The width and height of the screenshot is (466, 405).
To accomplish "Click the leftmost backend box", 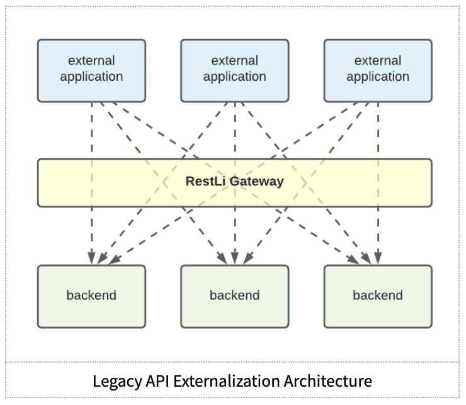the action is click(91, 296).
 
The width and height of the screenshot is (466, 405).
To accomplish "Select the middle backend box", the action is click(235, 296).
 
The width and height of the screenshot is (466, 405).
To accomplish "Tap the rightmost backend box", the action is click(378, 296).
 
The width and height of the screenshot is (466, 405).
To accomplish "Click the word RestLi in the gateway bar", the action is click(206, 181).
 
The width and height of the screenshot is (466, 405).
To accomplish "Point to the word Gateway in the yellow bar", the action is click(257, 182).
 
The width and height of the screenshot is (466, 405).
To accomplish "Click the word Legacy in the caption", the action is click(117, 382).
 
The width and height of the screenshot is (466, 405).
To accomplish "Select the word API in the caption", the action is click(157, 381).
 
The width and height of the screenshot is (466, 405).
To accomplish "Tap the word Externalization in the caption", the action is click(227, 381).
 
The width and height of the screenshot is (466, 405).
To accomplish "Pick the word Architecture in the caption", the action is click(328, 381).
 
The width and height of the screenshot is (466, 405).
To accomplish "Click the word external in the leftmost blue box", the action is click(91, 61).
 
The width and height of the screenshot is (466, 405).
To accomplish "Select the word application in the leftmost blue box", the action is click(91, 77).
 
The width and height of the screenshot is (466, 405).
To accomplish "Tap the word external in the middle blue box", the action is click(235, 61).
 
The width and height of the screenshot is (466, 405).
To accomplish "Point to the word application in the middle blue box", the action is click(235, 77).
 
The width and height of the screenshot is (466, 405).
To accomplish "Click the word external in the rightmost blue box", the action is click(378, 61).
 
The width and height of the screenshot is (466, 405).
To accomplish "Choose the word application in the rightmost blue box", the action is click(378, 77).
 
